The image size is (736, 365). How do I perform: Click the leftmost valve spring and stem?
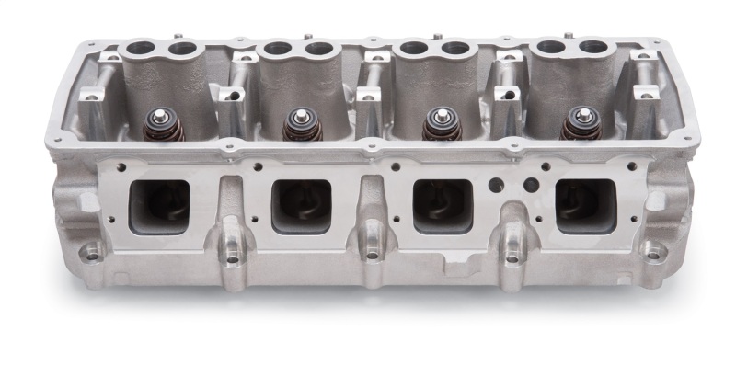click(167, 123)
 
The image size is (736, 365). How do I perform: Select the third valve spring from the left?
click(440, 123)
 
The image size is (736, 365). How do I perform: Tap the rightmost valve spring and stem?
click(579, 123)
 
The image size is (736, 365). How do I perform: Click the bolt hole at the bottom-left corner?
click(91, 249)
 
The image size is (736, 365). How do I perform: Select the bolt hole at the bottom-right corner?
click(653, 248)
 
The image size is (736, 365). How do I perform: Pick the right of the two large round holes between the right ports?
click(530, 185)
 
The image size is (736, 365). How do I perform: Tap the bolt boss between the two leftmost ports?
click(231, 251)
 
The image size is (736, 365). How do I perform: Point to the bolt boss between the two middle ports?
click(371, 251)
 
